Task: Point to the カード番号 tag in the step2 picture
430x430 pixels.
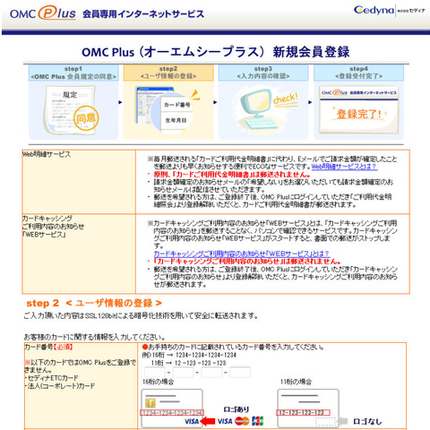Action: click(x=178, y=105)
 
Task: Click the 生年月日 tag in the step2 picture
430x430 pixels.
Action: click(x=179, y=121)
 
